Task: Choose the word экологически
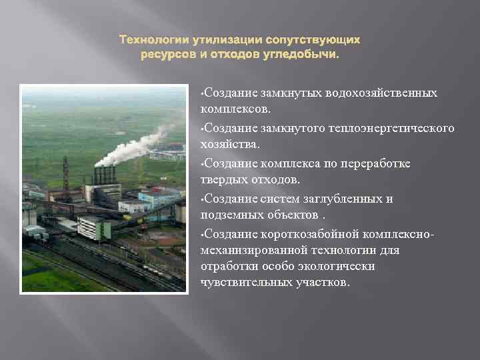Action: coord(339,266)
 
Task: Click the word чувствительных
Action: coord(245,282)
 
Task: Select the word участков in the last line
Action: coord(321,282)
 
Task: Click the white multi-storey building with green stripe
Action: coord(93,227)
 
